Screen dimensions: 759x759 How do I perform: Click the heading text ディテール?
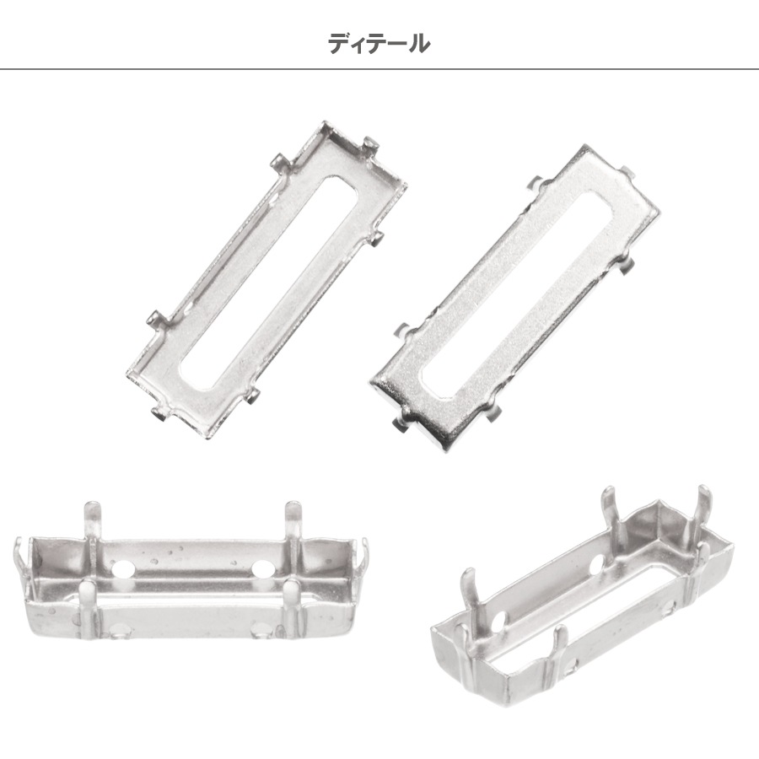point(379,44)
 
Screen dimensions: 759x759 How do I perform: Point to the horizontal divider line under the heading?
point(379,69)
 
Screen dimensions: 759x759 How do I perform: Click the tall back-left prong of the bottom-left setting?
point(93,522)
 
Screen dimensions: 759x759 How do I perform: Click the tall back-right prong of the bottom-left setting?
point(293,522)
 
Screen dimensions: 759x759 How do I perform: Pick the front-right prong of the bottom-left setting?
point(293,608)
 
